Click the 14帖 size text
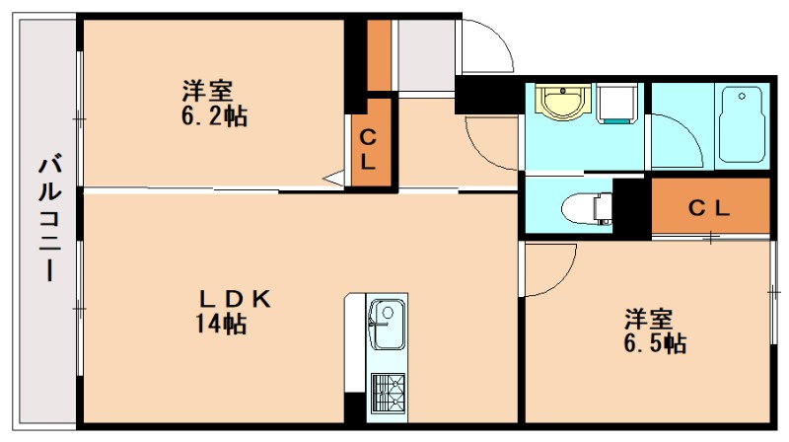coord(220,324)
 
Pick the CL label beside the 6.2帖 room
coord(368,151)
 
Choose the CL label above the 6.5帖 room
coord(708,208)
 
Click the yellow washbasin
coord(563,102)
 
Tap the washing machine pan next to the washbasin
coord(617,104)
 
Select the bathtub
coord(742,123)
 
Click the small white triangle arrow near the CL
coord(334,180)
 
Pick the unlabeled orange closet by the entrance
coord(379,53)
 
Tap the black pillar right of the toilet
coord(631,206)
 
